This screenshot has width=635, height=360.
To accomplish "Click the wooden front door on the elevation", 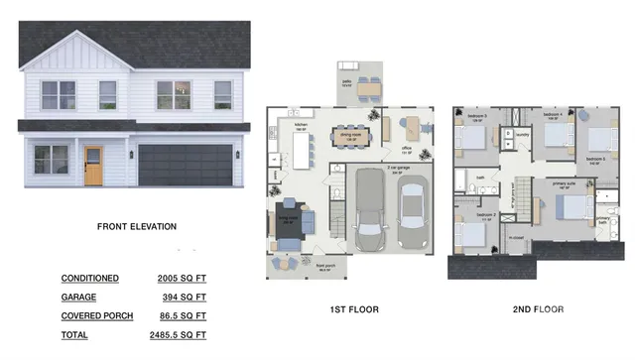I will click(92, 166).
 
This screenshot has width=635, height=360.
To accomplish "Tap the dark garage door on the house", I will click(185, 165).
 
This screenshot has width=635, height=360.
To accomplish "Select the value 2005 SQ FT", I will click(182, 279).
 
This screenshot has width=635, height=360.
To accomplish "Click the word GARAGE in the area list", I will click(78, 297).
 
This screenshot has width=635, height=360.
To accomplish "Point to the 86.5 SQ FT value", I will click(184, 314).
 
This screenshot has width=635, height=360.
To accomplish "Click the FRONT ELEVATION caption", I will click(137, 226).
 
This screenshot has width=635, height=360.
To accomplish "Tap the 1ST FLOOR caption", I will click(352, 309).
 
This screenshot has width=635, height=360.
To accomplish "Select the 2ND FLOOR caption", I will click(538, 309).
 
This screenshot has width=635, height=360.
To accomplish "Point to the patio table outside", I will click(368, 88).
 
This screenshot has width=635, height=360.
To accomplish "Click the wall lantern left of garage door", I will click(130, 154).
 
